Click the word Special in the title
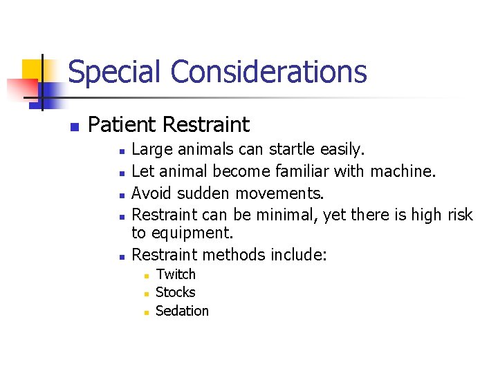115,72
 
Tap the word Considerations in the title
268,72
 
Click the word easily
343,149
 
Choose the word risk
459,215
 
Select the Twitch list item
176,275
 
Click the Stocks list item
176,293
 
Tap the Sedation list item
182,311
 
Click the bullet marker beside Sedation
147,312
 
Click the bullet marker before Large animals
121,151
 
